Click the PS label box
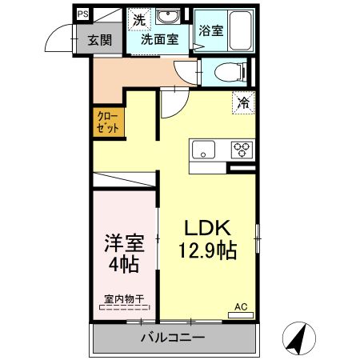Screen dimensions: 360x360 click(x=82, y=14)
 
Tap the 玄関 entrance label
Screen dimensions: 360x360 click(x=100, y=41)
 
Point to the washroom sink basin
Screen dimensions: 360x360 click(x=168, y=18)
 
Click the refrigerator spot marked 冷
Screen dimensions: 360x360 click(x=244, y=102)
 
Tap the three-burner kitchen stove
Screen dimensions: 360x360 click(x=241, y=149)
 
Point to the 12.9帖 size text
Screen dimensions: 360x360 click(x=206, y=250)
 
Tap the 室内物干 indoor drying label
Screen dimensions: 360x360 click(x=124, y=299)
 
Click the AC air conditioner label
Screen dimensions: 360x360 click(x=241, y=306)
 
